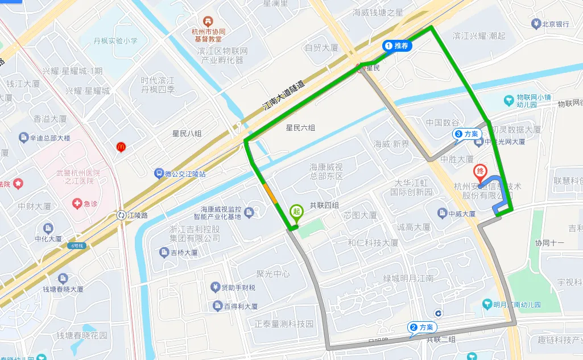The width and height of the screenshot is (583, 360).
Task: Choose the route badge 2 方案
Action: (421, 327)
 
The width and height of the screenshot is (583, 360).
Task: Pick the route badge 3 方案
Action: (467, 134)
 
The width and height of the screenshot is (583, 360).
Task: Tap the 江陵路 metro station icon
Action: (122, 215)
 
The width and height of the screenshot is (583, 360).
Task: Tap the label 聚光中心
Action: (273, 274)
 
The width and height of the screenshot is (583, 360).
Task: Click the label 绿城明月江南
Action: (408, 278)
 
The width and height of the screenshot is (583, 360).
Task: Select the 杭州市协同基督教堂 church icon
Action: (207, 22)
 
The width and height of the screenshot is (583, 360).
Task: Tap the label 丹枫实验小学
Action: (115, 41)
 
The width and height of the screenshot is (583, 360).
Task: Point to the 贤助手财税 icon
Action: (216, 287)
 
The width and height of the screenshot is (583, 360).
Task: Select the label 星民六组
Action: (300, 128)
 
